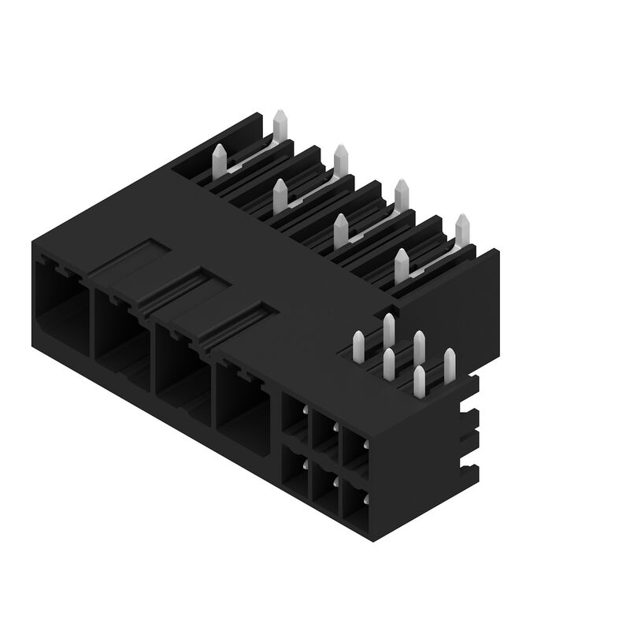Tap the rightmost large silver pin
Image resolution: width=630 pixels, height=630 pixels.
click(462, 229)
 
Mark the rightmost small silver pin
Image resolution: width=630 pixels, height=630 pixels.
click(449, 363)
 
